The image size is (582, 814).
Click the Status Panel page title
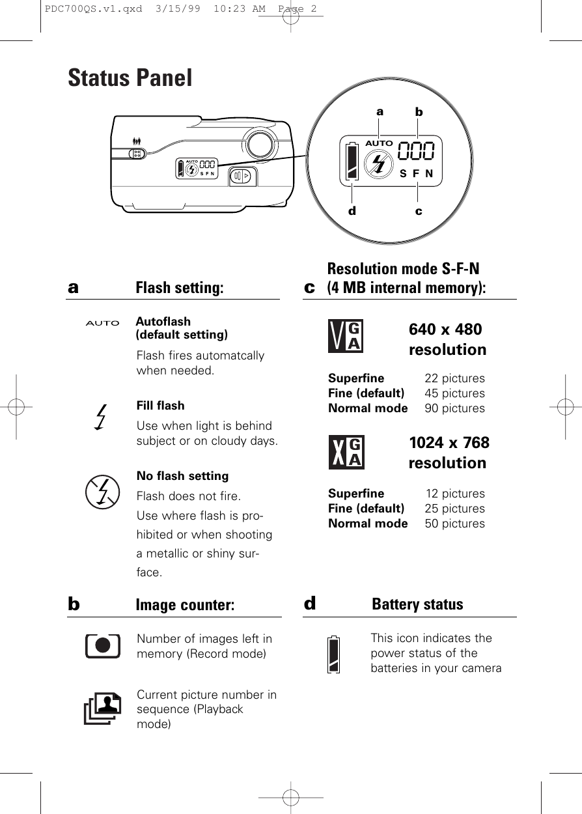(130, 78)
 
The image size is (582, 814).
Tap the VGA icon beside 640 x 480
(346, 336)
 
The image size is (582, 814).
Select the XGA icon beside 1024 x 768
(346, 451)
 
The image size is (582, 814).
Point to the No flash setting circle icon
(103, 492)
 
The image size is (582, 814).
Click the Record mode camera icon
(103, 645)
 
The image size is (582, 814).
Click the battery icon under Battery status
(334, 654)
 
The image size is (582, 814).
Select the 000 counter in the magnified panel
(416, 152)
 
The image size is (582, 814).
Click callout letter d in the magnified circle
(352, 211)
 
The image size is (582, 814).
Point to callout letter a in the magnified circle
(380, 111)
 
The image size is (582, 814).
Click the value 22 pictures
(454, 378)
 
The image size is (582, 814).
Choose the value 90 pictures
(454, 408)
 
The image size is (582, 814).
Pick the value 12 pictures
(455, 494)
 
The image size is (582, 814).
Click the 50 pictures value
(454, 524)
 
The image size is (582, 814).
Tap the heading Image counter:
(185, 605)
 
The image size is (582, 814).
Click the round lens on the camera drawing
(259, 144)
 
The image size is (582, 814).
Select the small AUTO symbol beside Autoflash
(103, 323)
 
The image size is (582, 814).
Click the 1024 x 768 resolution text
(449, 453)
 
